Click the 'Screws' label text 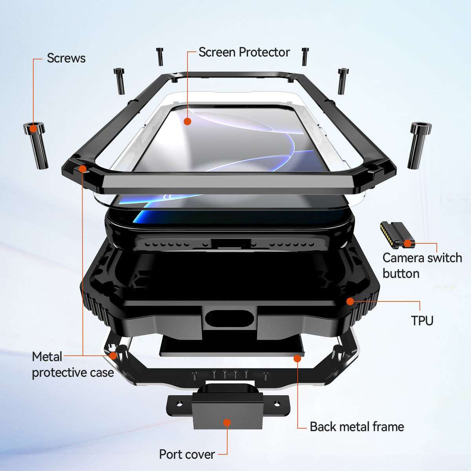tap(66, 58)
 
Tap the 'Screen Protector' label tap(244, 52)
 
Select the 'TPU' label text tap(422, 320)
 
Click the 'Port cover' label tap(187, 455)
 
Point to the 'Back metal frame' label tap(357, 427)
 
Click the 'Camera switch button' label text tap(422, 266)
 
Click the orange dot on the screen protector tap(187, 121)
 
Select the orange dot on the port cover tap(227, 422)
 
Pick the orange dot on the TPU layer tap(350, 301)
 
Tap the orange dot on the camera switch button tap(407, 243)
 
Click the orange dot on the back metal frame tap(297, 359)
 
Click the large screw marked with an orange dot tap(36, 145)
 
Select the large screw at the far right tap(419, 146)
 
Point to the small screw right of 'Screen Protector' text tap(305, 57)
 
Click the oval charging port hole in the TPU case tap(230, 318)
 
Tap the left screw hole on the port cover tap(179, 404)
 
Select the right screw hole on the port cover tap(276, 404)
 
